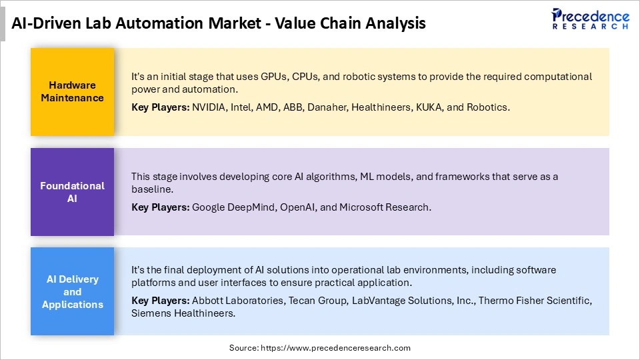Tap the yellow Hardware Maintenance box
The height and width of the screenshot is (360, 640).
click(x=72, y=91)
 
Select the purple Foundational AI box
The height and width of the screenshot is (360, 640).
click(x=72, y=191)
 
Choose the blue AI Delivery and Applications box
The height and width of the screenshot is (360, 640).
click(x=72, y=291)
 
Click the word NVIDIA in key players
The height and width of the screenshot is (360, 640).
click(x=209, y=107)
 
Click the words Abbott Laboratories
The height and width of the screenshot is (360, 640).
click(x=237, y=301)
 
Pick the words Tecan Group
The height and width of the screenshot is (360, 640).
click(x=316, y=301)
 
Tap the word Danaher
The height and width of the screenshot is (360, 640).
click(x=326, y=107)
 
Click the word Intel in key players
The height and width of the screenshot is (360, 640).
click(x=241, y=107)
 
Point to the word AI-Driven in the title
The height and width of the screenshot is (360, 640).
click(x=44, y=23)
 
